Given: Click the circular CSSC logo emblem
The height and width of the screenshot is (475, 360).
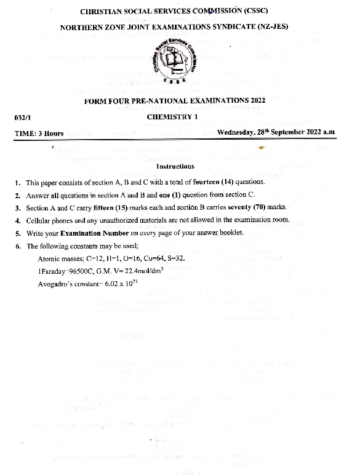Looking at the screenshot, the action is pyautogui.click(x=174, y=62).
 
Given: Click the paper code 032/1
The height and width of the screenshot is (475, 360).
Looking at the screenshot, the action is pyautogui.click(x=22, y=117).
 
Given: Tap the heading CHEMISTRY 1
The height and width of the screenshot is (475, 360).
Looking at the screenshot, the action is pyautogui.click(x=172, y=116).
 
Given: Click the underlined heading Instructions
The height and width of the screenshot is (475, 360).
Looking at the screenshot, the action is pyautogui.click(x=175, y=166).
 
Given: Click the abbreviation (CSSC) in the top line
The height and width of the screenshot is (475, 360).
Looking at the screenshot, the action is pyautogui.click(x=250, y=12).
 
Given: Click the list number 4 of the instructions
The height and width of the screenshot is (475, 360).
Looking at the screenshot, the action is pyautogui.click(x=18, y=220).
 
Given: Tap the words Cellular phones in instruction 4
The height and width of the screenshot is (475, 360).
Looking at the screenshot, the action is pyautogui.click(x=50, y=220).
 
